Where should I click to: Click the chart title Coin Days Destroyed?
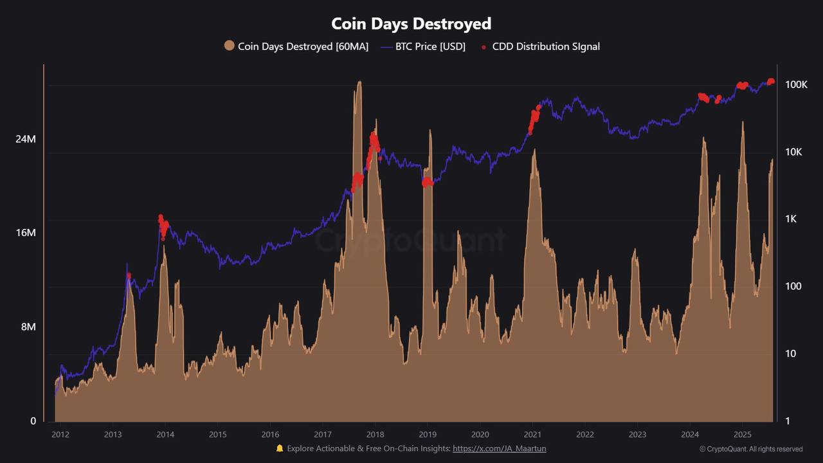point(411,24)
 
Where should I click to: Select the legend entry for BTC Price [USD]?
point(422,46)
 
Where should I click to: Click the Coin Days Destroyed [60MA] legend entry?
point(296,46)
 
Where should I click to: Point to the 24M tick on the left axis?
point(26,139)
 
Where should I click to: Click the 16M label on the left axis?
point(26,233)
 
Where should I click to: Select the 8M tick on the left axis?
point(28,327)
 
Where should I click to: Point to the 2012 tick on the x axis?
point(60,433)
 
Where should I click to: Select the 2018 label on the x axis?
point(375,433)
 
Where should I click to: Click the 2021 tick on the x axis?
point(532,433)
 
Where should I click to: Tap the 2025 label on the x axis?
point(743,433)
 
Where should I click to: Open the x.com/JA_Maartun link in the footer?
point(499,448)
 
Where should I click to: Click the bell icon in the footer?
point(280,448)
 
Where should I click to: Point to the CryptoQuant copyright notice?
point(751,449)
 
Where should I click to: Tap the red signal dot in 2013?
point(129,276)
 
